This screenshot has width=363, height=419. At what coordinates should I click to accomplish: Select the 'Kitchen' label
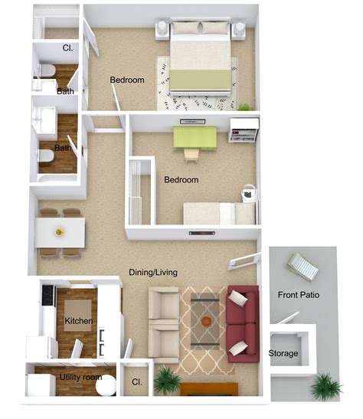(80, 321)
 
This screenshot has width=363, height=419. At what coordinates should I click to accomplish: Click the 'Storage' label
(283, 353)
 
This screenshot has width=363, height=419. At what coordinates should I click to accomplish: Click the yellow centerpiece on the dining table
(59, 231)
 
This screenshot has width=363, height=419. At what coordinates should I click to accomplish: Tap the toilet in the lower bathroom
(45, 159)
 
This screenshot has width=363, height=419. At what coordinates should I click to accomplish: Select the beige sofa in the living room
(162, 323)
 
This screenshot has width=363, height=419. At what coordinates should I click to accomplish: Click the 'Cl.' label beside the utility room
(137, 381)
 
